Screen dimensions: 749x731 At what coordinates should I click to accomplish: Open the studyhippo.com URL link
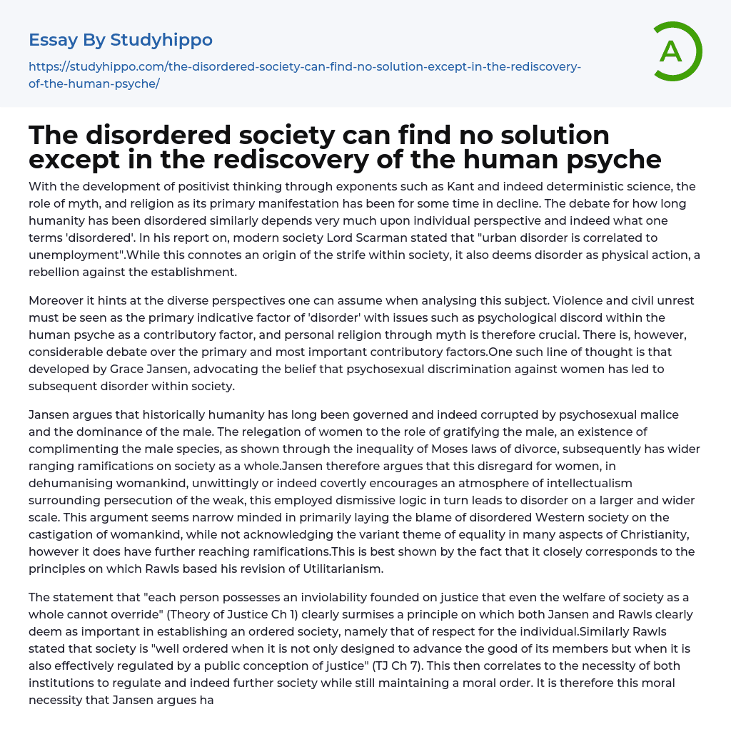click(305, 75)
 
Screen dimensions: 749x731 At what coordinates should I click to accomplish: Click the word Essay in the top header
click(54, 40)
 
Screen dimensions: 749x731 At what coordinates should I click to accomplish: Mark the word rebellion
click(60, 272)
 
